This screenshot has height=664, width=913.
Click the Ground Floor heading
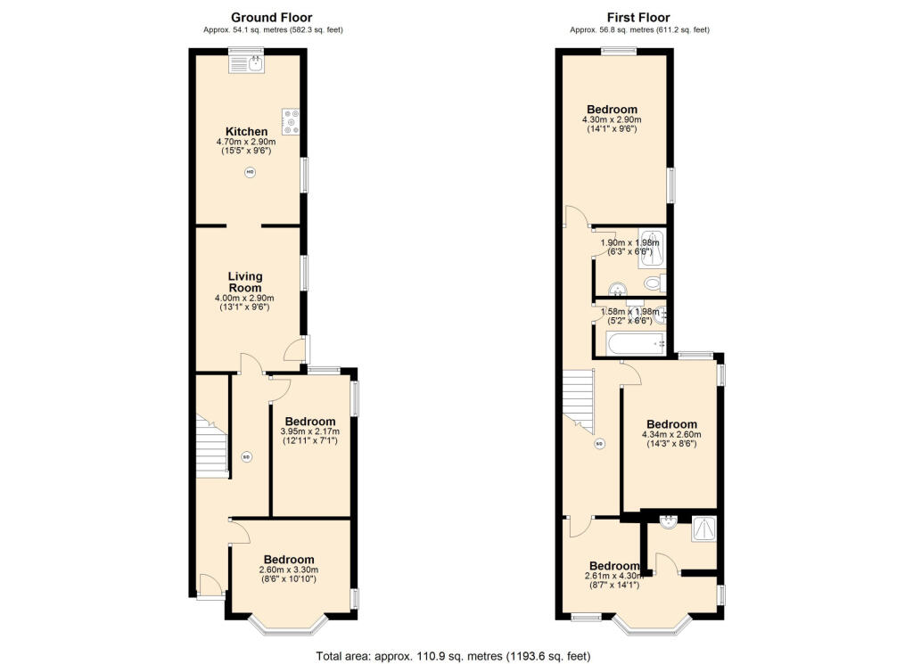[x=271, y=18]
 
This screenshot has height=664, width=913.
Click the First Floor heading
[x=638, y=18]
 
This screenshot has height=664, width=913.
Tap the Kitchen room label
[x=246, y=132]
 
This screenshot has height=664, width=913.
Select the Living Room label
[x=244, y=282]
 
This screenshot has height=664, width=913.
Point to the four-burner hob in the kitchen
[x=291, y=121]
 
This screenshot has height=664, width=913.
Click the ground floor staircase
[x=211, y=447]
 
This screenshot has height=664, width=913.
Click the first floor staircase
[x=578, y=402]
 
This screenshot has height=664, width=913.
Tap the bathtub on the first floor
[x=635, y=344]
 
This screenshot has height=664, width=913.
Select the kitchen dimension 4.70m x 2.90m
[x=246, y=142]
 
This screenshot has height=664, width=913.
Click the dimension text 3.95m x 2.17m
[x=309, y=431]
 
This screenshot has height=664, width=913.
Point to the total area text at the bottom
[x=453, y=657]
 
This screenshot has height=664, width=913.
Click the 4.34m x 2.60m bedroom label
[x=671, y=424]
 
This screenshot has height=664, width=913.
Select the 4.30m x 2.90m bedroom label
[x=612, y=110]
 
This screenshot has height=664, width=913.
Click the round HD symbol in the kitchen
[x=250, y=172]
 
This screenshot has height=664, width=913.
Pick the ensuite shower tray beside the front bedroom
[x=704, y=529]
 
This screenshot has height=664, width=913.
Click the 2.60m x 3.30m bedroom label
[x=289, y=560]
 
